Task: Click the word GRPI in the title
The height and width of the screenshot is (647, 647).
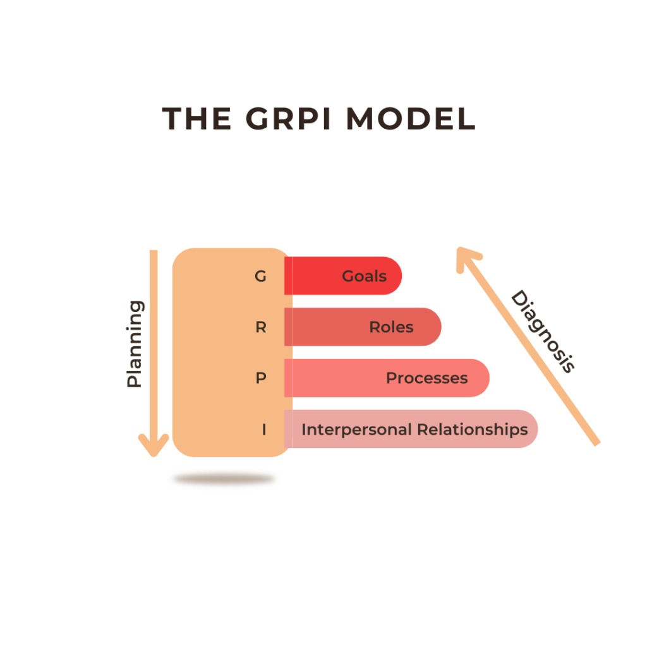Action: [x=293, y=119]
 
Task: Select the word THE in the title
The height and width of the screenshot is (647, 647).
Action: [x=197, y=119]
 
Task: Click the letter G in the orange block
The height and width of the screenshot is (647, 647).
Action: [x=260, y=276]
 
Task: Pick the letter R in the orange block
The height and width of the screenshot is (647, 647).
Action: [x=260, y=327]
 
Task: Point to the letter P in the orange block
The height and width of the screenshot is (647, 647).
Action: [x=260, y=378]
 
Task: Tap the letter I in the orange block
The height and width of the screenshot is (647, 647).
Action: [x=263, y=430]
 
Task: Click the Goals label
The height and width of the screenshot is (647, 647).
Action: [x=364, y=276]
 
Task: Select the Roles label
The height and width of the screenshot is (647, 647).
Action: [x=391, y=327]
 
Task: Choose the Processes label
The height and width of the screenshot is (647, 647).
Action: [x=426, y=378]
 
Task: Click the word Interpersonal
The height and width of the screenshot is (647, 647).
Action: [x=355, y=430]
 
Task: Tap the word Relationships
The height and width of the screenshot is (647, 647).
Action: [x=471, y=430]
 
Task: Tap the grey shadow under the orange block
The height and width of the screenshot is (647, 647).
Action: [x=224, y=480]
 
